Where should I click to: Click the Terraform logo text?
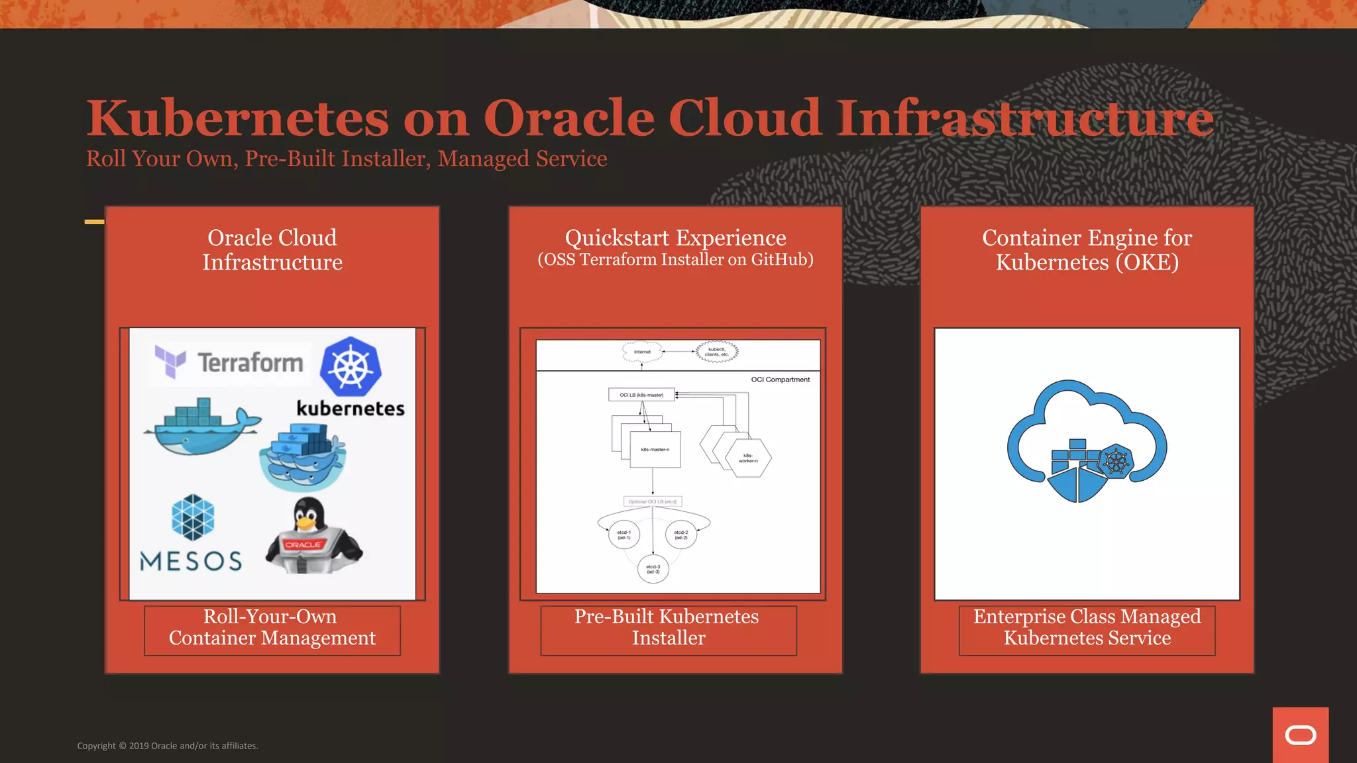pyautogui.click(x=250, y=363)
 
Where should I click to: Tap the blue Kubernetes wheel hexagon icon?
pyautogui.click(x=351, y=366)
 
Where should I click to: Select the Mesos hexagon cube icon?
pyautogui.click(x=193, y=517)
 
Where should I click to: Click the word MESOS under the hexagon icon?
pyautogui.click(x=191, y=561)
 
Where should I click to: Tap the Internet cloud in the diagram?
pyautogui.click(x=642, y=352)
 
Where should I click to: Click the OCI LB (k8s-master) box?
pyautogui.click(x=641, y=395)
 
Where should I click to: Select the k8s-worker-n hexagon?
pyautogui.click(x=748, y=458)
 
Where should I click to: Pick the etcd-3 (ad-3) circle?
pyautogui.click(x=653, y=569)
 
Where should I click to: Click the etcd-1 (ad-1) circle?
pyautogui.click(x=624, y=534)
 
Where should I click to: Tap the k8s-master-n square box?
pyautogui.click(x=655, y=450)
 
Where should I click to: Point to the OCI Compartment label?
pyautogui.click(x=780, y=380)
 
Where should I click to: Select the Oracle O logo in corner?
pyautogui.click(x=1300, y=735)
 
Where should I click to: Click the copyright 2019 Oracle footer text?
pyautogui.click(x=168, y=746)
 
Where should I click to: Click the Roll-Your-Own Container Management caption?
pyautogui.click(x=272, y=627)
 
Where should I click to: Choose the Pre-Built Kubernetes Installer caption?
pyautogui.click(x=668, y=627)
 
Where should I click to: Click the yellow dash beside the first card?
pyautogui.click(x=94, y=222)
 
